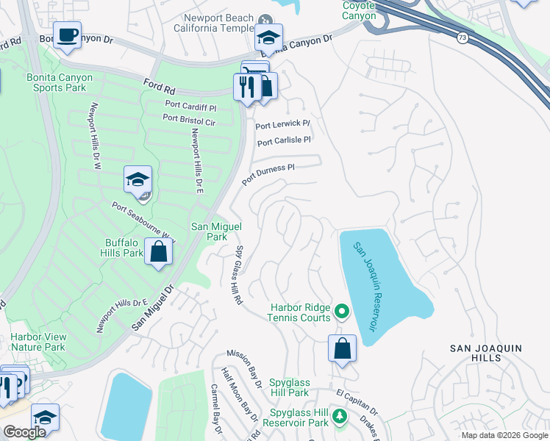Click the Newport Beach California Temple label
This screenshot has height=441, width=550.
(x=214, y=23)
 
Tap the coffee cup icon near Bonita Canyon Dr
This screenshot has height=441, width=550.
(x=67, y=36)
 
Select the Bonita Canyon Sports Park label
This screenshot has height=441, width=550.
(x=60, y=82)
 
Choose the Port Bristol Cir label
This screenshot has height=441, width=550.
(x=189, y=118)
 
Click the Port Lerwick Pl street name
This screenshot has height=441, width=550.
(x=282, y=125)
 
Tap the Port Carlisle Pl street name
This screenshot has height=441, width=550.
(x=283, y=139)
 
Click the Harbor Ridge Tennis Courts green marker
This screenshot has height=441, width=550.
(x=341, y=312)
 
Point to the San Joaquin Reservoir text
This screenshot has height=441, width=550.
(x=364, y=287)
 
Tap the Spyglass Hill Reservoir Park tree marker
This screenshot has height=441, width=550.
(x=339, y=417)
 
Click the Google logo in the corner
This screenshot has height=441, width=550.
(x=24, y=432)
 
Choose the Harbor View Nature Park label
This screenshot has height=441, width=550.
(x=37, y=343)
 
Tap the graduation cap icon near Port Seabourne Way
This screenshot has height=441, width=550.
(x=137, y=179)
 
